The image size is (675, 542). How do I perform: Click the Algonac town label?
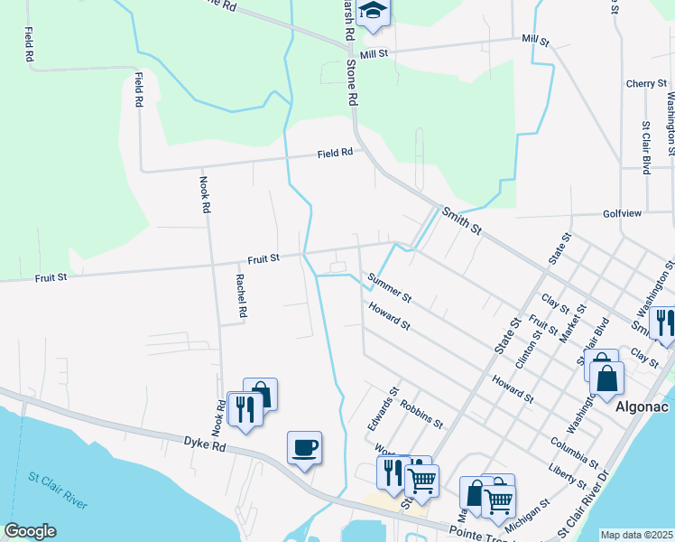point(641,406)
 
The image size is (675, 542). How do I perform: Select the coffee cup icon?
point(304,447)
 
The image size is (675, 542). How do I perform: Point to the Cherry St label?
point(646,84)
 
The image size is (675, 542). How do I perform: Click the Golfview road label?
point(621,214)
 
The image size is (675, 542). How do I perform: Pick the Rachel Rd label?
point(242,296)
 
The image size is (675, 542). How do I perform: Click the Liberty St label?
point(569,474)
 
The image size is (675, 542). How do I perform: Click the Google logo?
point(30,531)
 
